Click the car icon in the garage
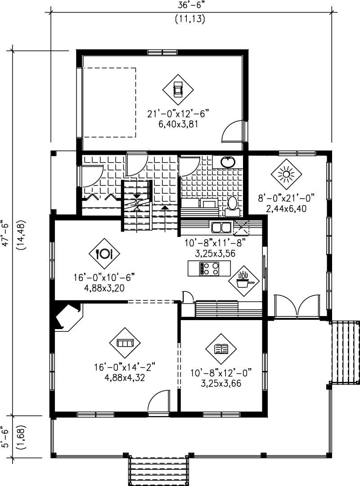pos(178,89)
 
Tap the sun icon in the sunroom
pos(285,174)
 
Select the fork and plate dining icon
pos(104,254)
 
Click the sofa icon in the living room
pos(125,343)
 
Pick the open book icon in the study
pos(221,349)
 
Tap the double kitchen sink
pos(221,226)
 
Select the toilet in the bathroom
pos(232,203)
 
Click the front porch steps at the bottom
pos(158,469)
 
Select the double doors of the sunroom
pos(297,306)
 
